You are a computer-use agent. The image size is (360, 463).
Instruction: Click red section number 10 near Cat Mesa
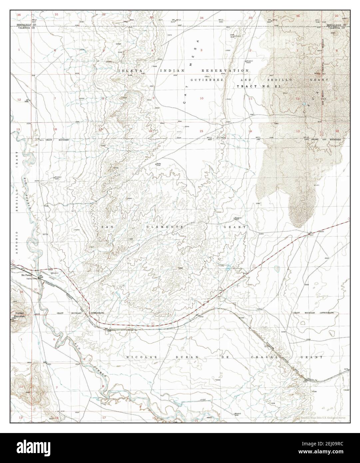(201, 98)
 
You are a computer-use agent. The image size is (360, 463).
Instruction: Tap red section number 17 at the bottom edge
(104, 417)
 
